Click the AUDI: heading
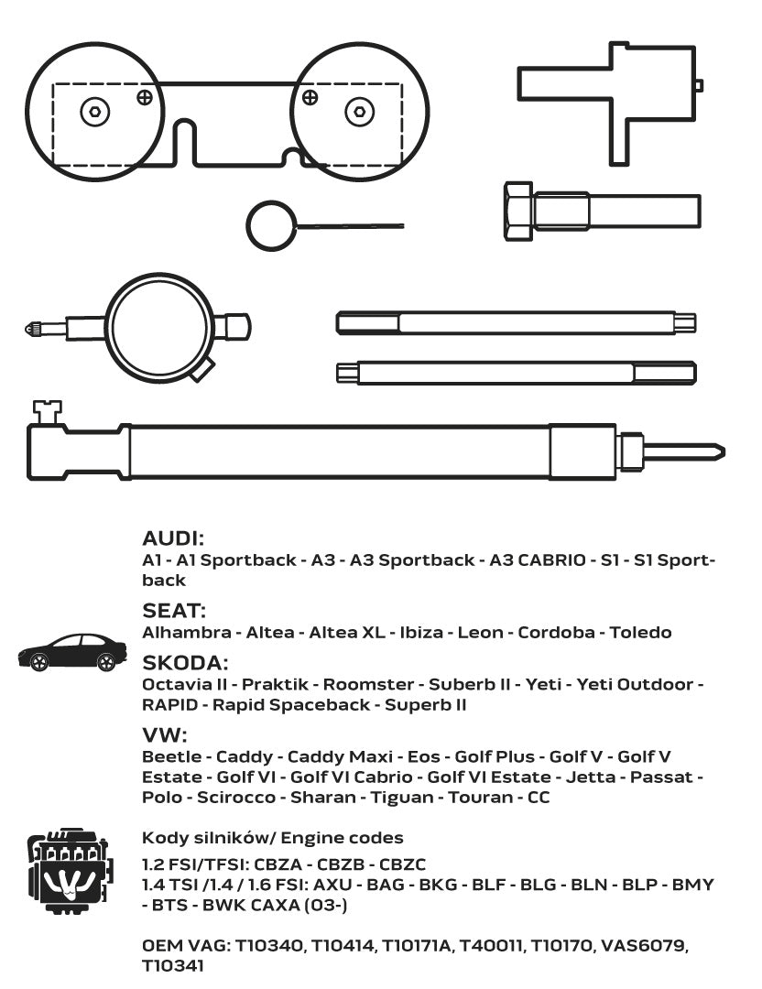[x=173, y=538]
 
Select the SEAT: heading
[x=174, y=611]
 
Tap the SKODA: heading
[x=185, y=663]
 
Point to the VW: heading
[x=165, y=734]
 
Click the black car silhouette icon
[x=72, y=652]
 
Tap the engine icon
[x=70, y=871]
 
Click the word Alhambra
[x=187, y=632]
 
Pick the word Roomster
[x=368, y=684]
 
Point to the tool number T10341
[x=173, y=966]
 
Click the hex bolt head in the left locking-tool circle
[x=95, y=112]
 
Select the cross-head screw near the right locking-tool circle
[x=310, y=97]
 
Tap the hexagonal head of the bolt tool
[x=518, y=212]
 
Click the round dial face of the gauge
[x=159, y=327]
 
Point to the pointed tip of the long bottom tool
[x=724, y=451]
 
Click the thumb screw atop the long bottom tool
[x=48, y=411]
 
